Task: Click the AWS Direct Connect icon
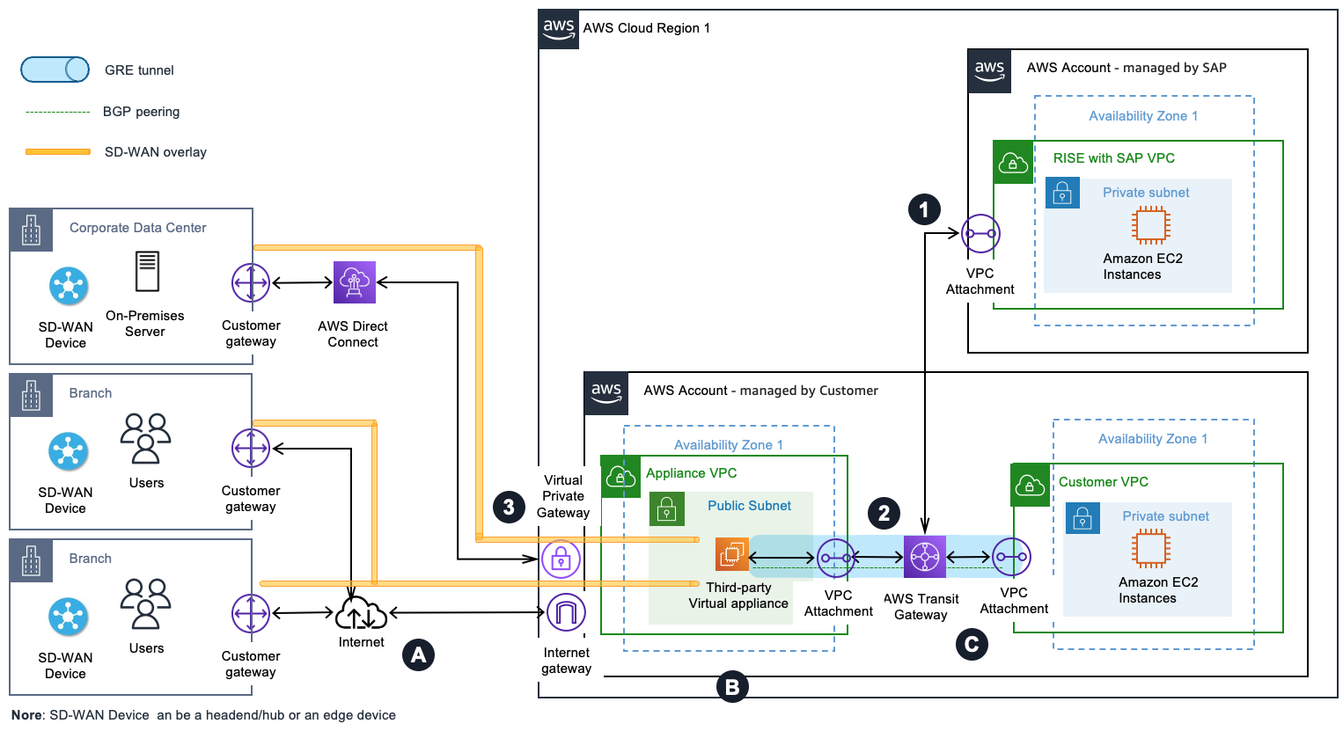pos(354,282)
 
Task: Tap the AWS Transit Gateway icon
pos(924,557)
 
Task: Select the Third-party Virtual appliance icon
pos(731,554)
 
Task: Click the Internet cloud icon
pos(361,613)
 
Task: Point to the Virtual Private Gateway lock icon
pos(561,559)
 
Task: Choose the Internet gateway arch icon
pos(565,612)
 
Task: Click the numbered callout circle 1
pos(924,209)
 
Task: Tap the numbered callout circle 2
pos(884,513)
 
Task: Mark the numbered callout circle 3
pos(509,506)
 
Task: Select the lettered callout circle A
pos(418,654)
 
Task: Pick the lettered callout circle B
pos(732,687)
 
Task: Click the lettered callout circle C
pos(972,645)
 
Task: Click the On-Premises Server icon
pos(147,271)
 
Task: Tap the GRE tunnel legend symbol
pos(55,69)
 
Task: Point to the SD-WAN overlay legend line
pos(58,152)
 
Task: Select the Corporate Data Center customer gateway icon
pos(251,283)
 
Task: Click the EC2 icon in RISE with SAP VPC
pos(1150,225)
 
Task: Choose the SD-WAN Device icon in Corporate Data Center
pos(68,286)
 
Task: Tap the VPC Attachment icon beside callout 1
pos(980,234)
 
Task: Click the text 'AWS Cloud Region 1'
pos(646,28)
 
